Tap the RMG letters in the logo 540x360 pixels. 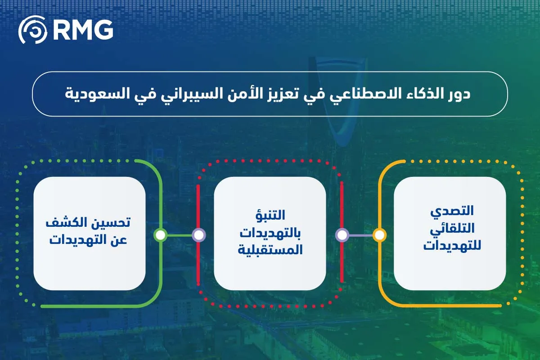[82, 30]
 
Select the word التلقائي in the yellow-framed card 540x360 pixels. [450, 229]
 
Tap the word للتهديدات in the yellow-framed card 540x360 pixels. [450, 247]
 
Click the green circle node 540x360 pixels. [161, 235]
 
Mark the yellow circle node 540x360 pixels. [379, 235]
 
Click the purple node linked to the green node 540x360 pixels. [198, 235]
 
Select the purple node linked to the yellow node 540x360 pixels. [342, 235]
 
